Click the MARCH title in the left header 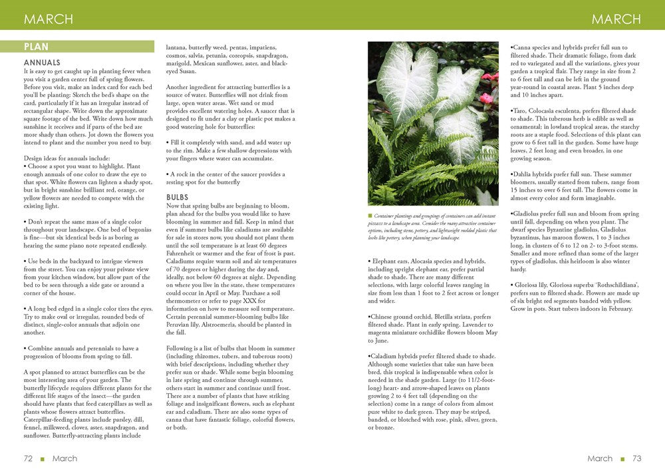click(x=49, y=19)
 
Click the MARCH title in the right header click(x=616, y=19)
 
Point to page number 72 click(x=28, y=458)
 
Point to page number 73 click(x=636, y=458)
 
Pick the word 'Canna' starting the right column click(x=522, y=47)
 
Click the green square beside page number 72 click(x=43, y=459)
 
